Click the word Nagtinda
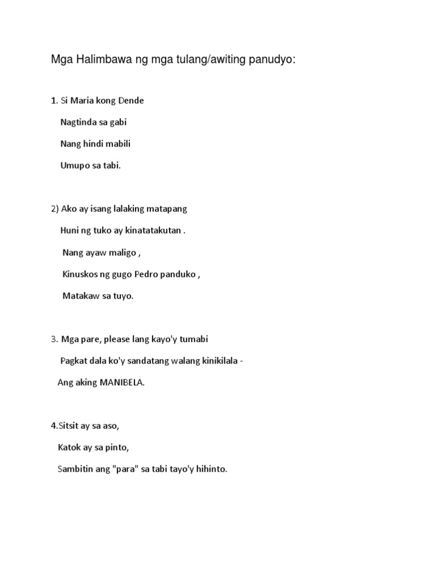[x=79, y=123]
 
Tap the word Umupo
[x=75, y=165]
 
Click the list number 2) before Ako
[x=55, y=209]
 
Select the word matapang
[x=167, y=209]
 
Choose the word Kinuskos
[x=80, y=274]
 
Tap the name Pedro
[x=146, y=274]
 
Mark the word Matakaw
[x=81, y=296]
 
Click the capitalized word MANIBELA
[x=122, y=382]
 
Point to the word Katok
[x=69, y=448]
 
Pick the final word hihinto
[x=209, y=469]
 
